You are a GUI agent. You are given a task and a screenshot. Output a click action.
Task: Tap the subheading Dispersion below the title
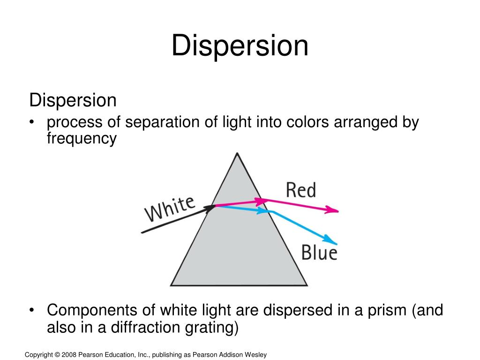click(73, 100)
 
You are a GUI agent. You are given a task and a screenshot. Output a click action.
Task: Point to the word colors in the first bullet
click(307, 123)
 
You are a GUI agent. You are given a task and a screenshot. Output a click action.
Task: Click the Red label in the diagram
click(301, 190)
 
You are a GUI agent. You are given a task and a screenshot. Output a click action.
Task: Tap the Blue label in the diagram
click(319, 253)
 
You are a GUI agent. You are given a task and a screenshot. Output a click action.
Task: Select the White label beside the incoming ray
click(170, 209)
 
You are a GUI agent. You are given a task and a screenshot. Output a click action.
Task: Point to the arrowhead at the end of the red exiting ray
click(333, 210)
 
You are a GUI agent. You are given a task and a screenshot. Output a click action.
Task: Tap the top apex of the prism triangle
click(238, 153)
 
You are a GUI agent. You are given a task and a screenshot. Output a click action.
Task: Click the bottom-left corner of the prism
click(171, 285)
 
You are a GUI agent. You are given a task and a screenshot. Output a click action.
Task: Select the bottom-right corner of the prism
click(307, 285)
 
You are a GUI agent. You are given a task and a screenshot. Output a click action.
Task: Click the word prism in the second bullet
click(384, 311)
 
